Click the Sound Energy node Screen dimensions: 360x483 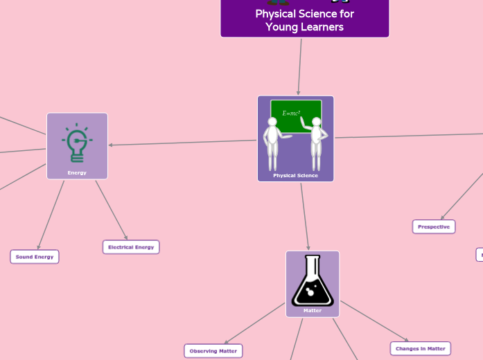[35, 257]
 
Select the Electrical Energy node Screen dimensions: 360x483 [131, 247]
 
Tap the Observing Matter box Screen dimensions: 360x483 [213, 351]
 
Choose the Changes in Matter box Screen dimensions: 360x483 [421, 348]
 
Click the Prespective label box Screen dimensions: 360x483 [434, 226]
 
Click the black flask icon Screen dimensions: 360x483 [313, 280]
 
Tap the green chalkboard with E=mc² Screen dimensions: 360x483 [296, 114]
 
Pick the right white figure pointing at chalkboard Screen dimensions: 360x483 [317, 143]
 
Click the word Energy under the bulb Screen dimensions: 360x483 [77, 172]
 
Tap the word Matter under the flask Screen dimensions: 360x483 [313, 310]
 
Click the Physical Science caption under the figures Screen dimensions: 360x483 [295, 175]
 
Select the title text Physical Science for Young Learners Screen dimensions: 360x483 [304, 21]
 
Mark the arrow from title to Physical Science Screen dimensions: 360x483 [300, 66]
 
